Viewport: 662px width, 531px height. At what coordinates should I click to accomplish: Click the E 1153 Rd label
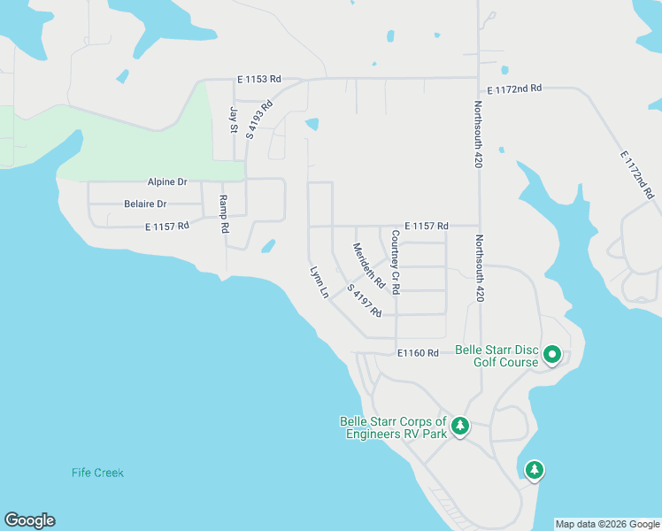click(x=258, y=80)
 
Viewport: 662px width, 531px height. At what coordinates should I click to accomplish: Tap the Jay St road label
click(x=235, y=119)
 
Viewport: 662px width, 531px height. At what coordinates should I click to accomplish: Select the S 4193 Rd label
click(x=259, y=119)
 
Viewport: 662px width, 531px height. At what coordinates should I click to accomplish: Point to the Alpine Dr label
click(x=167, y=181)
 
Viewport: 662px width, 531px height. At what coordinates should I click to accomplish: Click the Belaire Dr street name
click(x=144, y=204)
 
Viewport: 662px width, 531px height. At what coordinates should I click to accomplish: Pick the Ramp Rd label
click(x=224, y=213)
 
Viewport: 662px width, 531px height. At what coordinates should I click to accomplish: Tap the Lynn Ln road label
click(x=319, y=281)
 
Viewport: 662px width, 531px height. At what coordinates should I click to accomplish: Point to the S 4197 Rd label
click(x=364, y=301)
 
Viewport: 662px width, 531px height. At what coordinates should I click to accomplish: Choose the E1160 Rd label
click(x=418, y=353)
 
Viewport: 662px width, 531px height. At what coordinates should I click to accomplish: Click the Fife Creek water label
click(x=97, y=473)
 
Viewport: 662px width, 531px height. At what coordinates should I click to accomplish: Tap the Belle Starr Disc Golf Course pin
click(x=552, y=355)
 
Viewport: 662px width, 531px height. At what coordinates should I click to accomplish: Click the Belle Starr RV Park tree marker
click(x=460, y=427)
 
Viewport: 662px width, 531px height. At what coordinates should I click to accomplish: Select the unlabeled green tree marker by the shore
click(x=534, y=470)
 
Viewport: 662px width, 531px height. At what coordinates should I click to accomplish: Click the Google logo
click(x=29, y=520)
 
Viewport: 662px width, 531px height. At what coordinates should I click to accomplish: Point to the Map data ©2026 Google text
click(x=607, y=524)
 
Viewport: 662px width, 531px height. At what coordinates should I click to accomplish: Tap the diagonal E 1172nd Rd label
click(x=636, y=173)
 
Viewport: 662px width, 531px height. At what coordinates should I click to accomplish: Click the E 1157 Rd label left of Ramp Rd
click(x=167, y=227)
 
